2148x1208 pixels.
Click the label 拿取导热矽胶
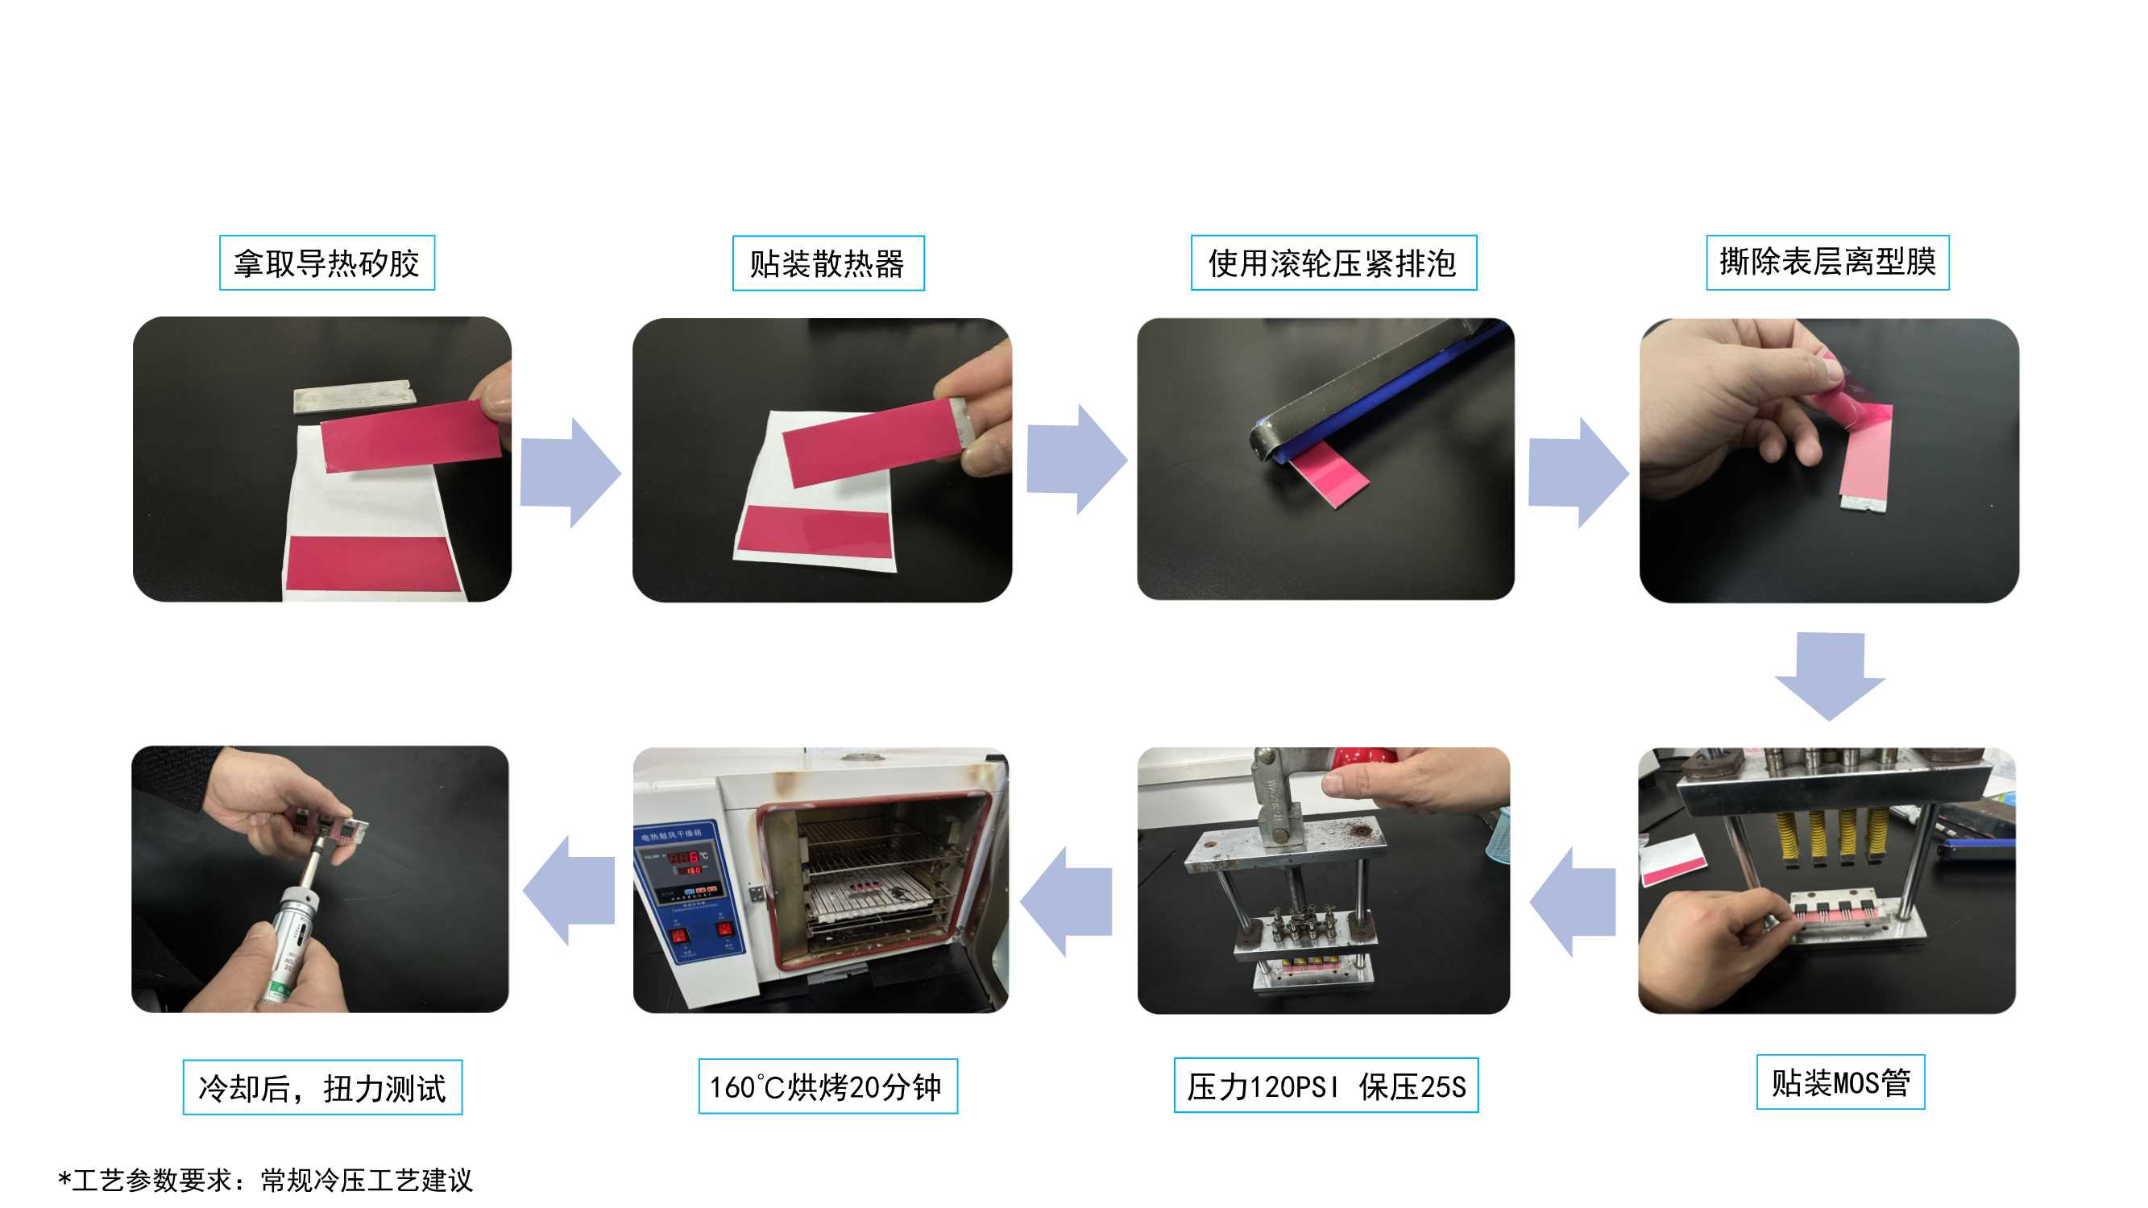pos(327,263)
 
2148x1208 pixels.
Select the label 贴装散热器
pos(828,263)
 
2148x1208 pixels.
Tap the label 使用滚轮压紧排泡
pos(1333,263)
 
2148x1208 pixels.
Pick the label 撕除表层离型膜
pos(1828,263)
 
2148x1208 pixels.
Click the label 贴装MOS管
pos(1840,1082)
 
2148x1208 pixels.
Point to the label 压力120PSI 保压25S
pos(1326,1086)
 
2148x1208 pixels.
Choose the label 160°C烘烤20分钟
pos(827,1086)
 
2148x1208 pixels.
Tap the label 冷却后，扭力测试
pos(323,1087)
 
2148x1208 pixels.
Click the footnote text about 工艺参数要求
pos(265,1180)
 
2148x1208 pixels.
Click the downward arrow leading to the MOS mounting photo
pos(1830,676)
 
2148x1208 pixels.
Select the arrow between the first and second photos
pos(570,473)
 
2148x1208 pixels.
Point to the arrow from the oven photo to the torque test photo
pos(569,891)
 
